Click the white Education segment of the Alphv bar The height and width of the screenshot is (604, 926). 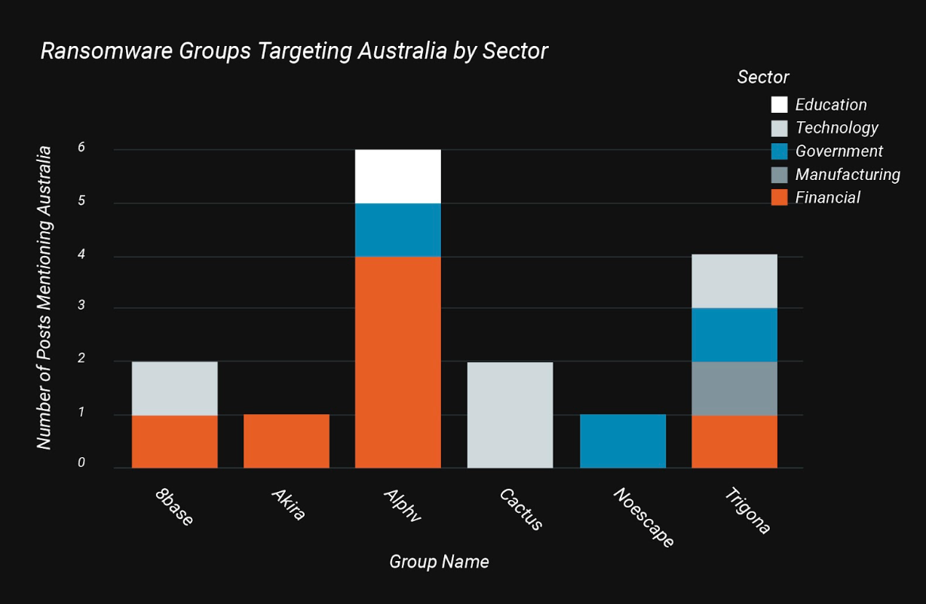pyautogui.click(x=397, y=176)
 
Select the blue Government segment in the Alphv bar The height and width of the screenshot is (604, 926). pyautogui.click(x=397, y=230)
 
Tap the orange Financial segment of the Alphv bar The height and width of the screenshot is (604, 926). pyautogui.click(x=397, y=361)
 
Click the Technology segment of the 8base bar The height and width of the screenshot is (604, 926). pyautogui.click(x=174, y=388)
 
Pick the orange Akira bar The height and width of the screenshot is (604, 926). pyautogui.click(x=287, y=441)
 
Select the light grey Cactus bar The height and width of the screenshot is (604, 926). pyautogui.click(x=510, y=414)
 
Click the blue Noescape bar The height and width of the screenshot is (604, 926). pyautogui.click(x=622, y=441)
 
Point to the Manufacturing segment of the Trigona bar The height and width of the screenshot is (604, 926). pyautogui.click(x=734, y=388)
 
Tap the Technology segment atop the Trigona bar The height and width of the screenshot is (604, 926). pyautogui.click(x=734, y=281)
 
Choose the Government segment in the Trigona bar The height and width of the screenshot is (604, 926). pyautogui.click(x=734, y=334)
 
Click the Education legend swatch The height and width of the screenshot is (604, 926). pyautogui.click(x=779, y=105)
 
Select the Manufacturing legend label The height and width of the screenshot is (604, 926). pyautogui.click(x=848, y=175)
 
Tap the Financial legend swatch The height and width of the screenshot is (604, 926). pyautogui.click(x=779, y=197)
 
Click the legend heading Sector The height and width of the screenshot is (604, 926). pyautogui.click(x=763, y=77)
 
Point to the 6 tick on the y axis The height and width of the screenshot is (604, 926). pyautogui.click(x=81, y=148)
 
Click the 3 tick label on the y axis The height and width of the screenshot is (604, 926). pyautogui.click(x=81, y=307)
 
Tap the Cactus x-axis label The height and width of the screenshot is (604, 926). pyautogui.click(x=521, y=510)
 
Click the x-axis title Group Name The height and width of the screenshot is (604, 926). pyautogui.click(x=439, y=562)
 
